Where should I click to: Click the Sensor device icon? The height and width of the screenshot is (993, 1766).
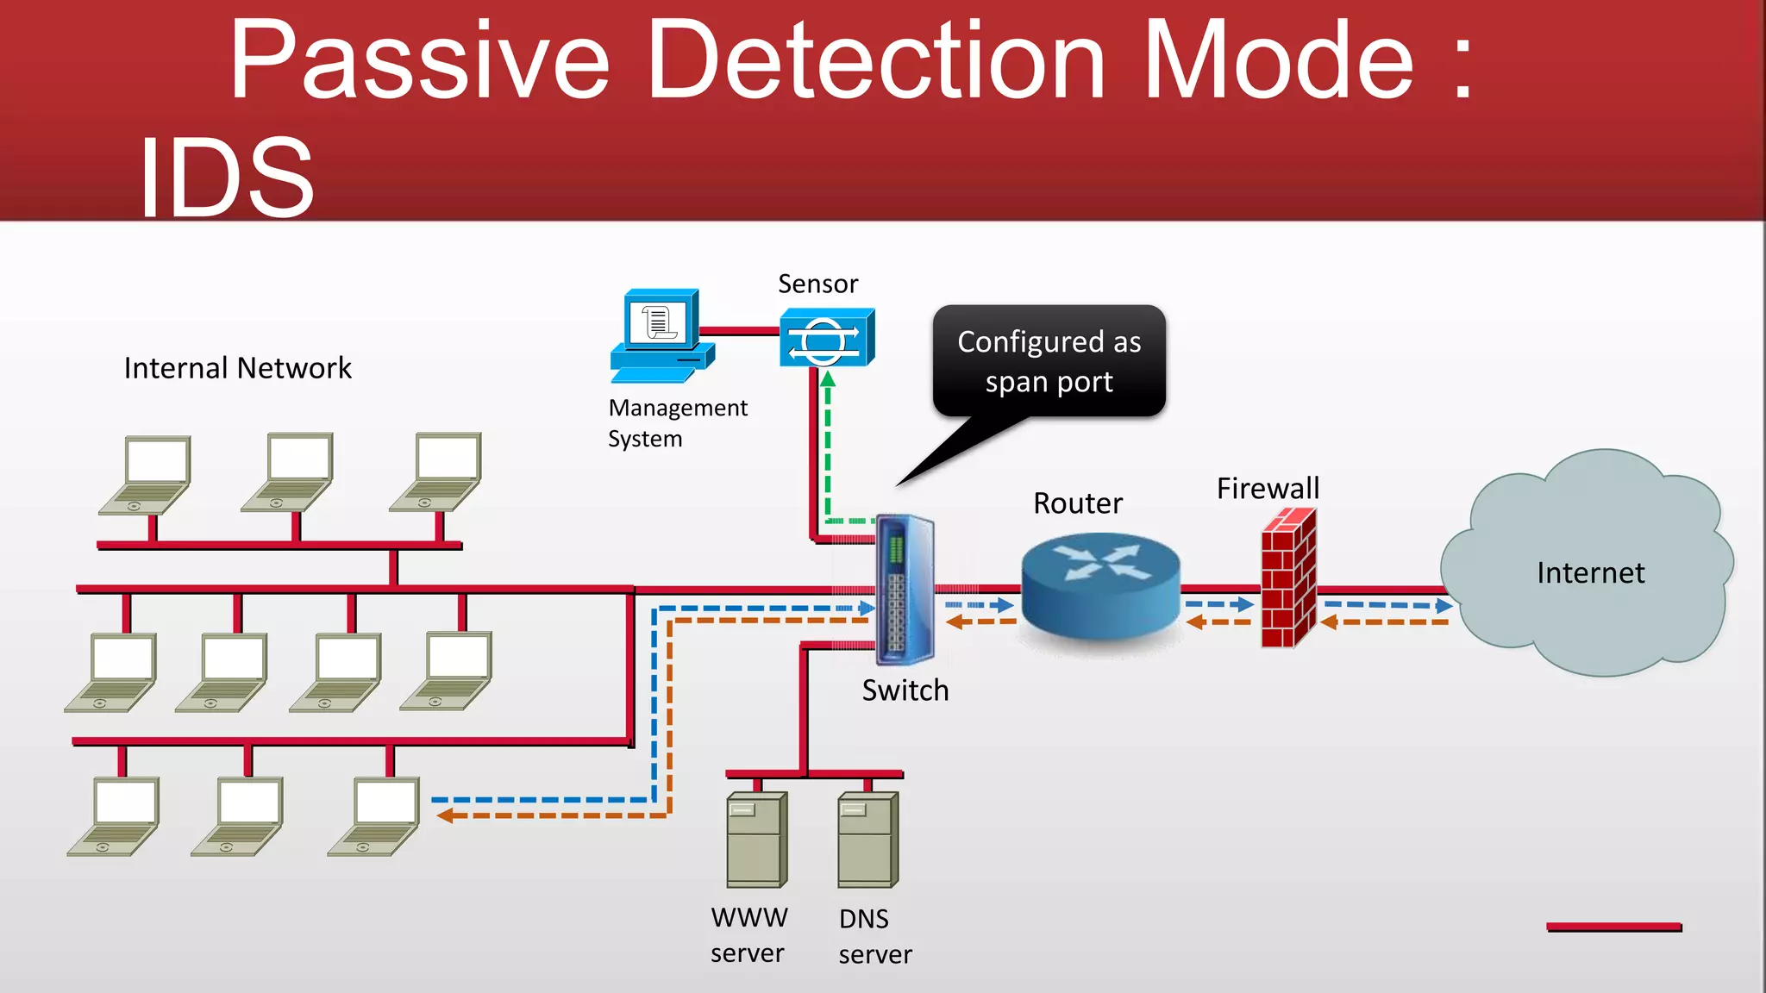click(x=826, y=338)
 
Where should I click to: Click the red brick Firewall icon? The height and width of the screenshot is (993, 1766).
click(x=1288, y=578)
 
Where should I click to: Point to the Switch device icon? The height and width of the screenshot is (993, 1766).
click(x=905, y=590)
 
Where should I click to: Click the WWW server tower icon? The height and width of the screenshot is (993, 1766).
click(x=756, y=840)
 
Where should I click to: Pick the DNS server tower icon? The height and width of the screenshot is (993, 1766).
click(x=867, y=840)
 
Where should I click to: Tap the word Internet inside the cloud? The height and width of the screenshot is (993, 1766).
click(x=1590, y=573)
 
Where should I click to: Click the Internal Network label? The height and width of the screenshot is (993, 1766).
click(x=238, y=368)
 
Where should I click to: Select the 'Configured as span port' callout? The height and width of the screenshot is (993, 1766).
click(x=1049, y=361)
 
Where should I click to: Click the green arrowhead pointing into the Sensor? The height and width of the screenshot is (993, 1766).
click(x=828, y=379)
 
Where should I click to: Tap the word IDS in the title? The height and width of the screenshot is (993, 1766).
click(x=226, y=178)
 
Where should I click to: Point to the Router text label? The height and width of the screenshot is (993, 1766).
click(x=1078, y=503)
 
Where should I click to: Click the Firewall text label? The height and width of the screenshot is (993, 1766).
click(x=1268, y=489)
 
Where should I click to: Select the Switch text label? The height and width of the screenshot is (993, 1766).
click(x=905, y=690)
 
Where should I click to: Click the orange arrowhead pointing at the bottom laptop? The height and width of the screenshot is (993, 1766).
click(x=445, y=815)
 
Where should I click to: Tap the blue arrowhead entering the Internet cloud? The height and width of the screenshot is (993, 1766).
click(x=1443, y=606)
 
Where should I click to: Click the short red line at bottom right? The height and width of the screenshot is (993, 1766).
click(x=1613, y=927)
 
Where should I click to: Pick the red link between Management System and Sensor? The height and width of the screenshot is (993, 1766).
click(x=740, y=330)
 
